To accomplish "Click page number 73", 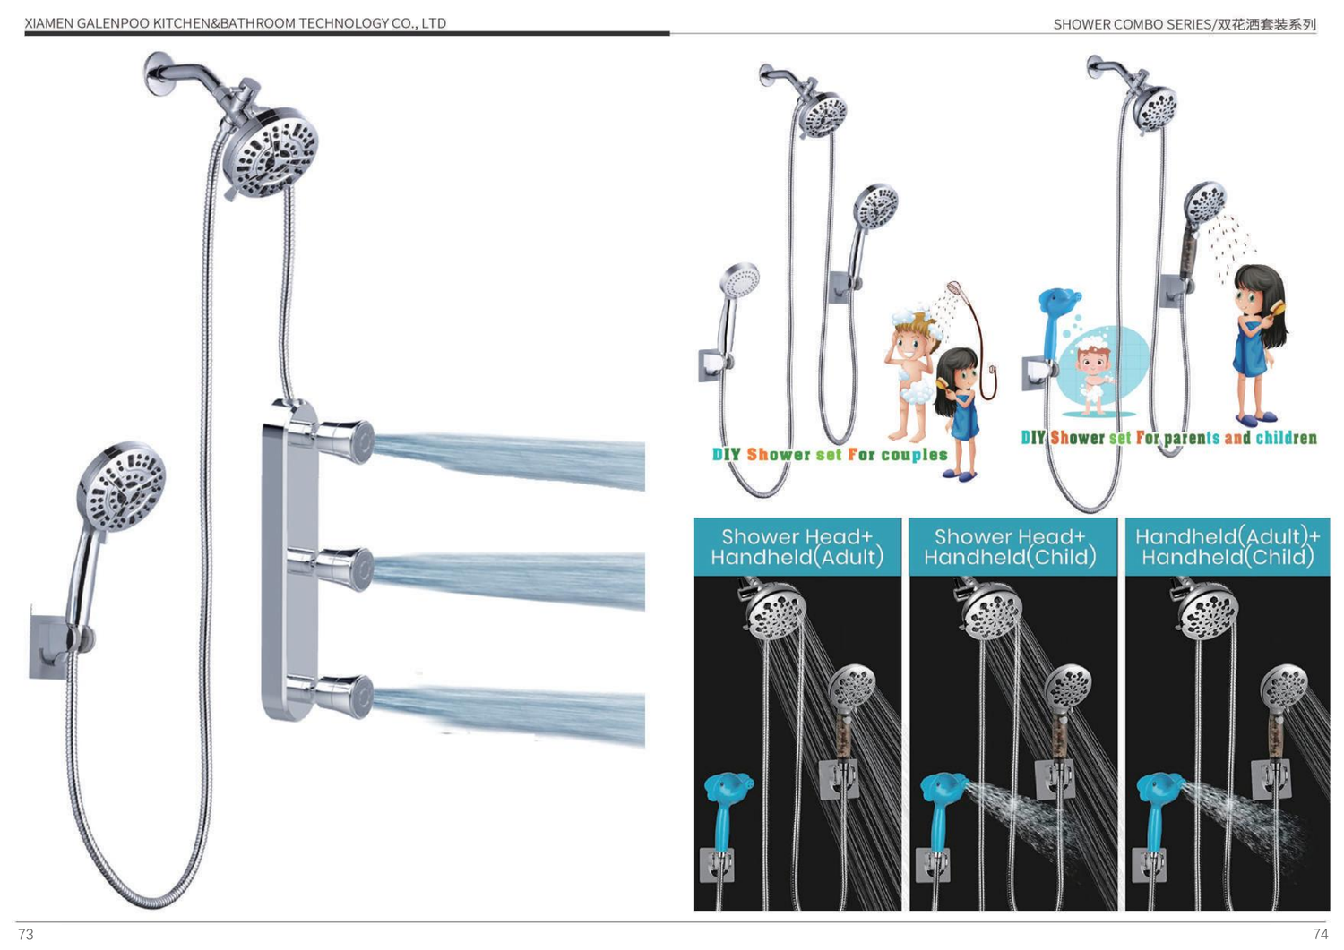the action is tap(26, 935).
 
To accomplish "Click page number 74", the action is tap(1320, 935).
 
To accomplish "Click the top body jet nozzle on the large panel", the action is tap(346, 441).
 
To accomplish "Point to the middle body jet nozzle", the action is tap(346, 569).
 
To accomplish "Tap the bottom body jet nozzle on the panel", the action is tap(346, 697).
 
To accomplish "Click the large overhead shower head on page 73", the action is tap(269, 152).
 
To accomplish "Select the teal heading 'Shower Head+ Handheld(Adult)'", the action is tap(797, 546).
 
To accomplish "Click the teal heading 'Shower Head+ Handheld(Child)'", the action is tap(1011, 546).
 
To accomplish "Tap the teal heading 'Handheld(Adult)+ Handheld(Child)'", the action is tap(1228, 546).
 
